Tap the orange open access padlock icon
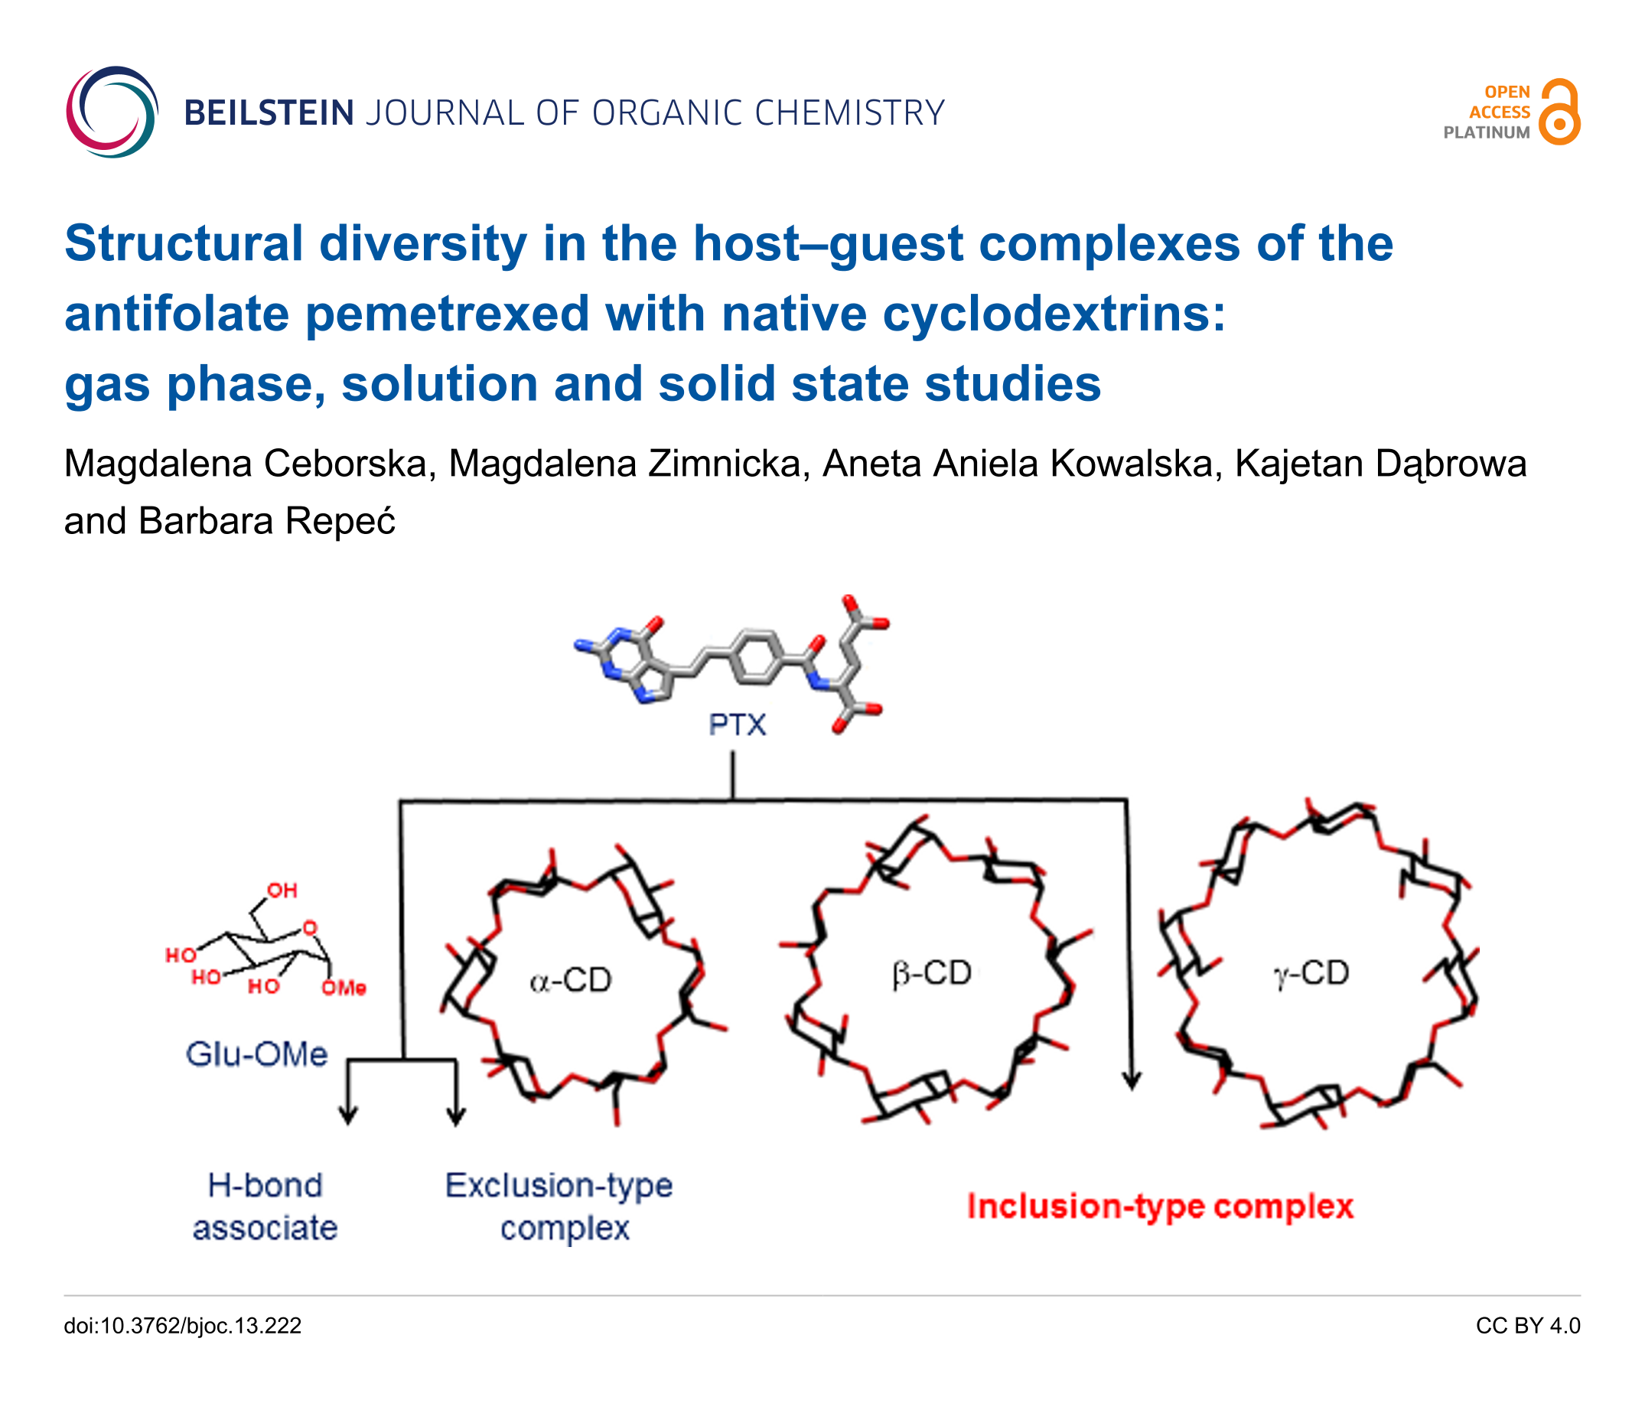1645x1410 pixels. [1559, 112]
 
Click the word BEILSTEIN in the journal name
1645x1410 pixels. [269, 112]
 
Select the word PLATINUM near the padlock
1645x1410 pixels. [1486, 132]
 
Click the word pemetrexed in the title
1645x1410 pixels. [447, 313]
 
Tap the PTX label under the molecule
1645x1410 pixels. [738, 725]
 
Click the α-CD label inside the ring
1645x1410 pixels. [571, 981]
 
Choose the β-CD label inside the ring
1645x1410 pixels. [932, 973]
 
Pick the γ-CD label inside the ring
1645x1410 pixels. [1311, 973]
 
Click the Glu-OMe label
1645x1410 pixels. [256, 1054]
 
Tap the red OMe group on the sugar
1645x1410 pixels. [344, 988]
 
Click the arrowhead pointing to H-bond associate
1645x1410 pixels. [347, 1115]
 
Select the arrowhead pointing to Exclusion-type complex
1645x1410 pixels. [456, 1115]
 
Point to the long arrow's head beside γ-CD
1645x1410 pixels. [1132, 1079]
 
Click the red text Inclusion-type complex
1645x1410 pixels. [1160, 1206]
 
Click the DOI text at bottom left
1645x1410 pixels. [183, 1326]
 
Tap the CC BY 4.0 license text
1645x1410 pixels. [1528, 1326]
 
